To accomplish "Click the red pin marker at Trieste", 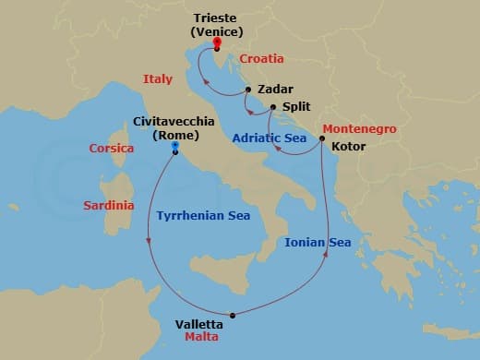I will [216, 43].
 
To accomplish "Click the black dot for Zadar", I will [246, 90].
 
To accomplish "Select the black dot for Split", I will [273, 107].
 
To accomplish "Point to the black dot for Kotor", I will [321, 139].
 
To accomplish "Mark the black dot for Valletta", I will [233, 316].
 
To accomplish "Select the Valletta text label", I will [198, 324].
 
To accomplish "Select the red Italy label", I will [158, 79].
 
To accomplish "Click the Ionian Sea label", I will [318, 243].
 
